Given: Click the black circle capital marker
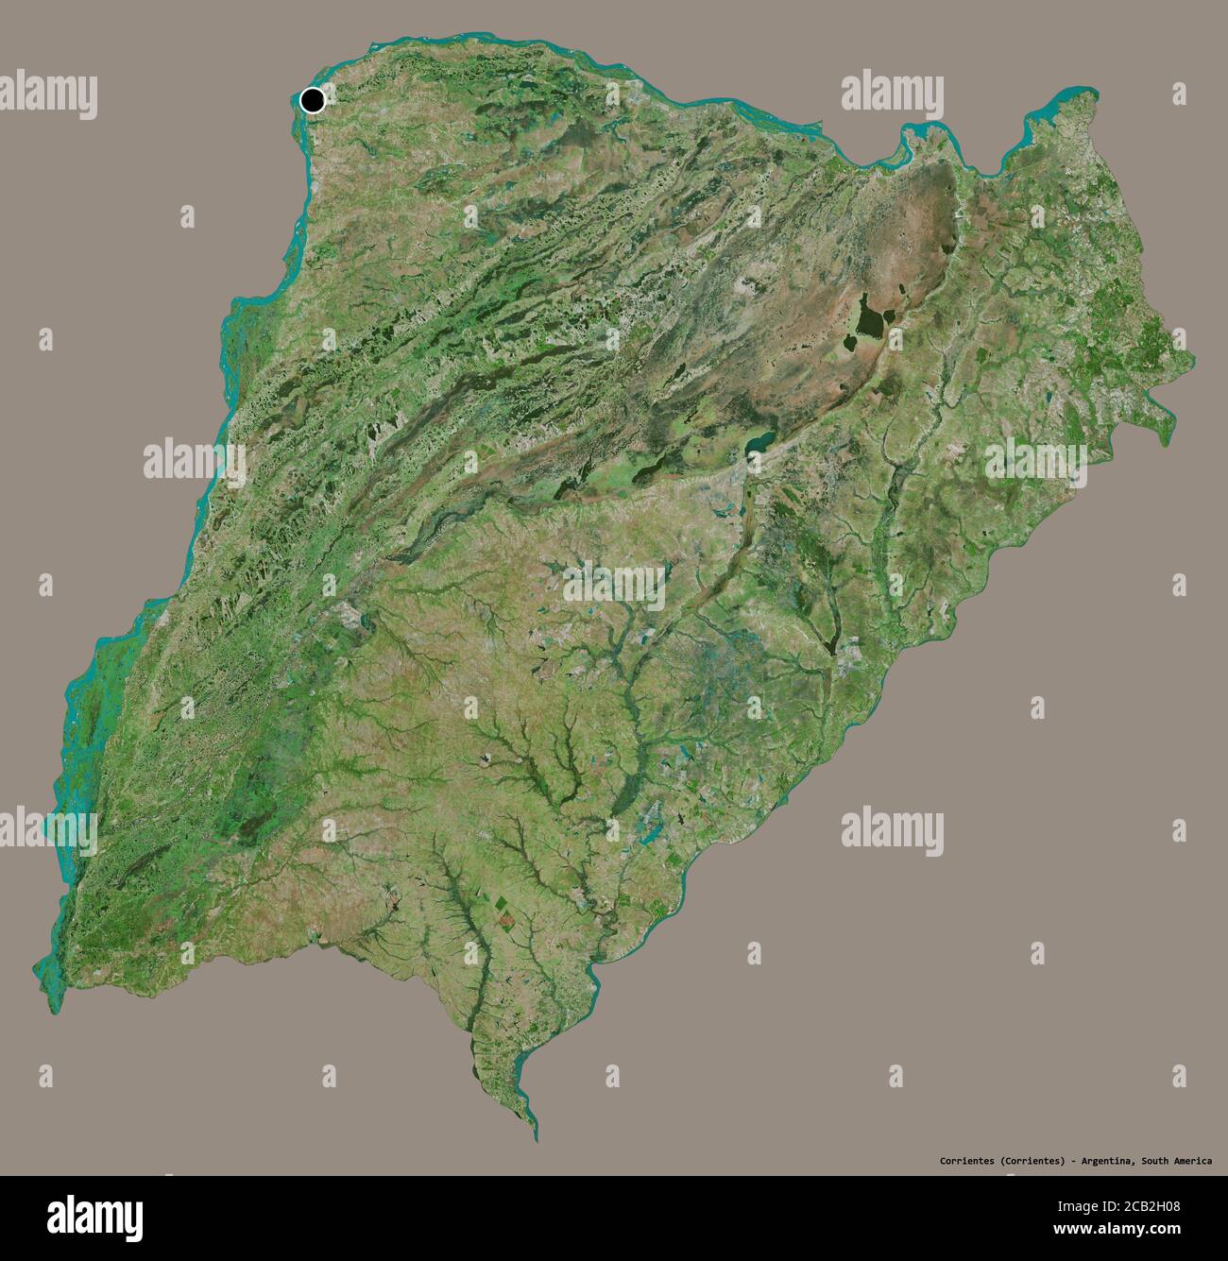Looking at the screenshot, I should point(313,100).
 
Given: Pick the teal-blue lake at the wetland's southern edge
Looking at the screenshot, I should point(759,441).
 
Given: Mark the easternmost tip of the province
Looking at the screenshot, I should point(1191,360).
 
